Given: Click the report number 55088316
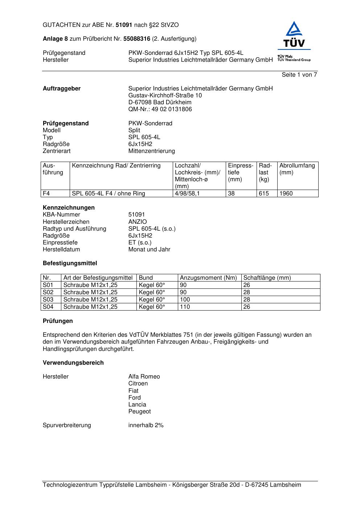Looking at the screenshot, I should [137, 39].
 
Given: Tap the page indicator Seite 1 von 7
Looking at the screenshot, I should [299, 75].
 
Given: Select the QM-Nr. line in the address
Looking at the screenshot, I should [160, 109].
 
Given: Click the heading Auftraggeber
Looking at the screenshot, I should [62, 89].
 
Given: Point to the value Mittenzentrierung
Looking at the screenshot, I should [151, 151].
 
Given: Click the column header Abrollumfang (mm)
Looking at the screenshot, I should [297, 169].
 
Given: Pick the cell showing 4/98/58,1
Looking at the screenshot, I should [187, 194].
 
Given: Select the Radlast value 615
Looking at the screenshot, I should [264, 194].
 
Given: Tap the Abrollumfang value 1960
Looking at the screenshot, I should [286, 194].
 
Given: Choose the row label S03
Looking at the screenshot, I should [48, 300].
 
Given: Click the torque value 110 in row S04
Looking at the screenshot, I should [185, 307].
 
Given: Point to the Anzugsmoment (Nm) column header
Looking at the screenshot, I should [208, 278].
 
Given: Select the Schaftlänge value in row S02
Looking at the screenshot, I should [247, 292].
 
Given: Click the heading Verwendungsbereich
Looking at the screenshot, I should [73, 363].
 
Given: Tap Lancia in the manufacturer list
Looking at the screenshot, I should [137, 405].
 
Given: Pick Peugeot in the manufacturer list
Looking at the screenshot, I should [139, 412].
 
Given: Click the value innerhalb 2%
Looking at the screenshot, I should [146, 425].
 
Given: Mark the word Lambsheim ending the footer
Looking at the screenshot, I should [285, 485].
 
